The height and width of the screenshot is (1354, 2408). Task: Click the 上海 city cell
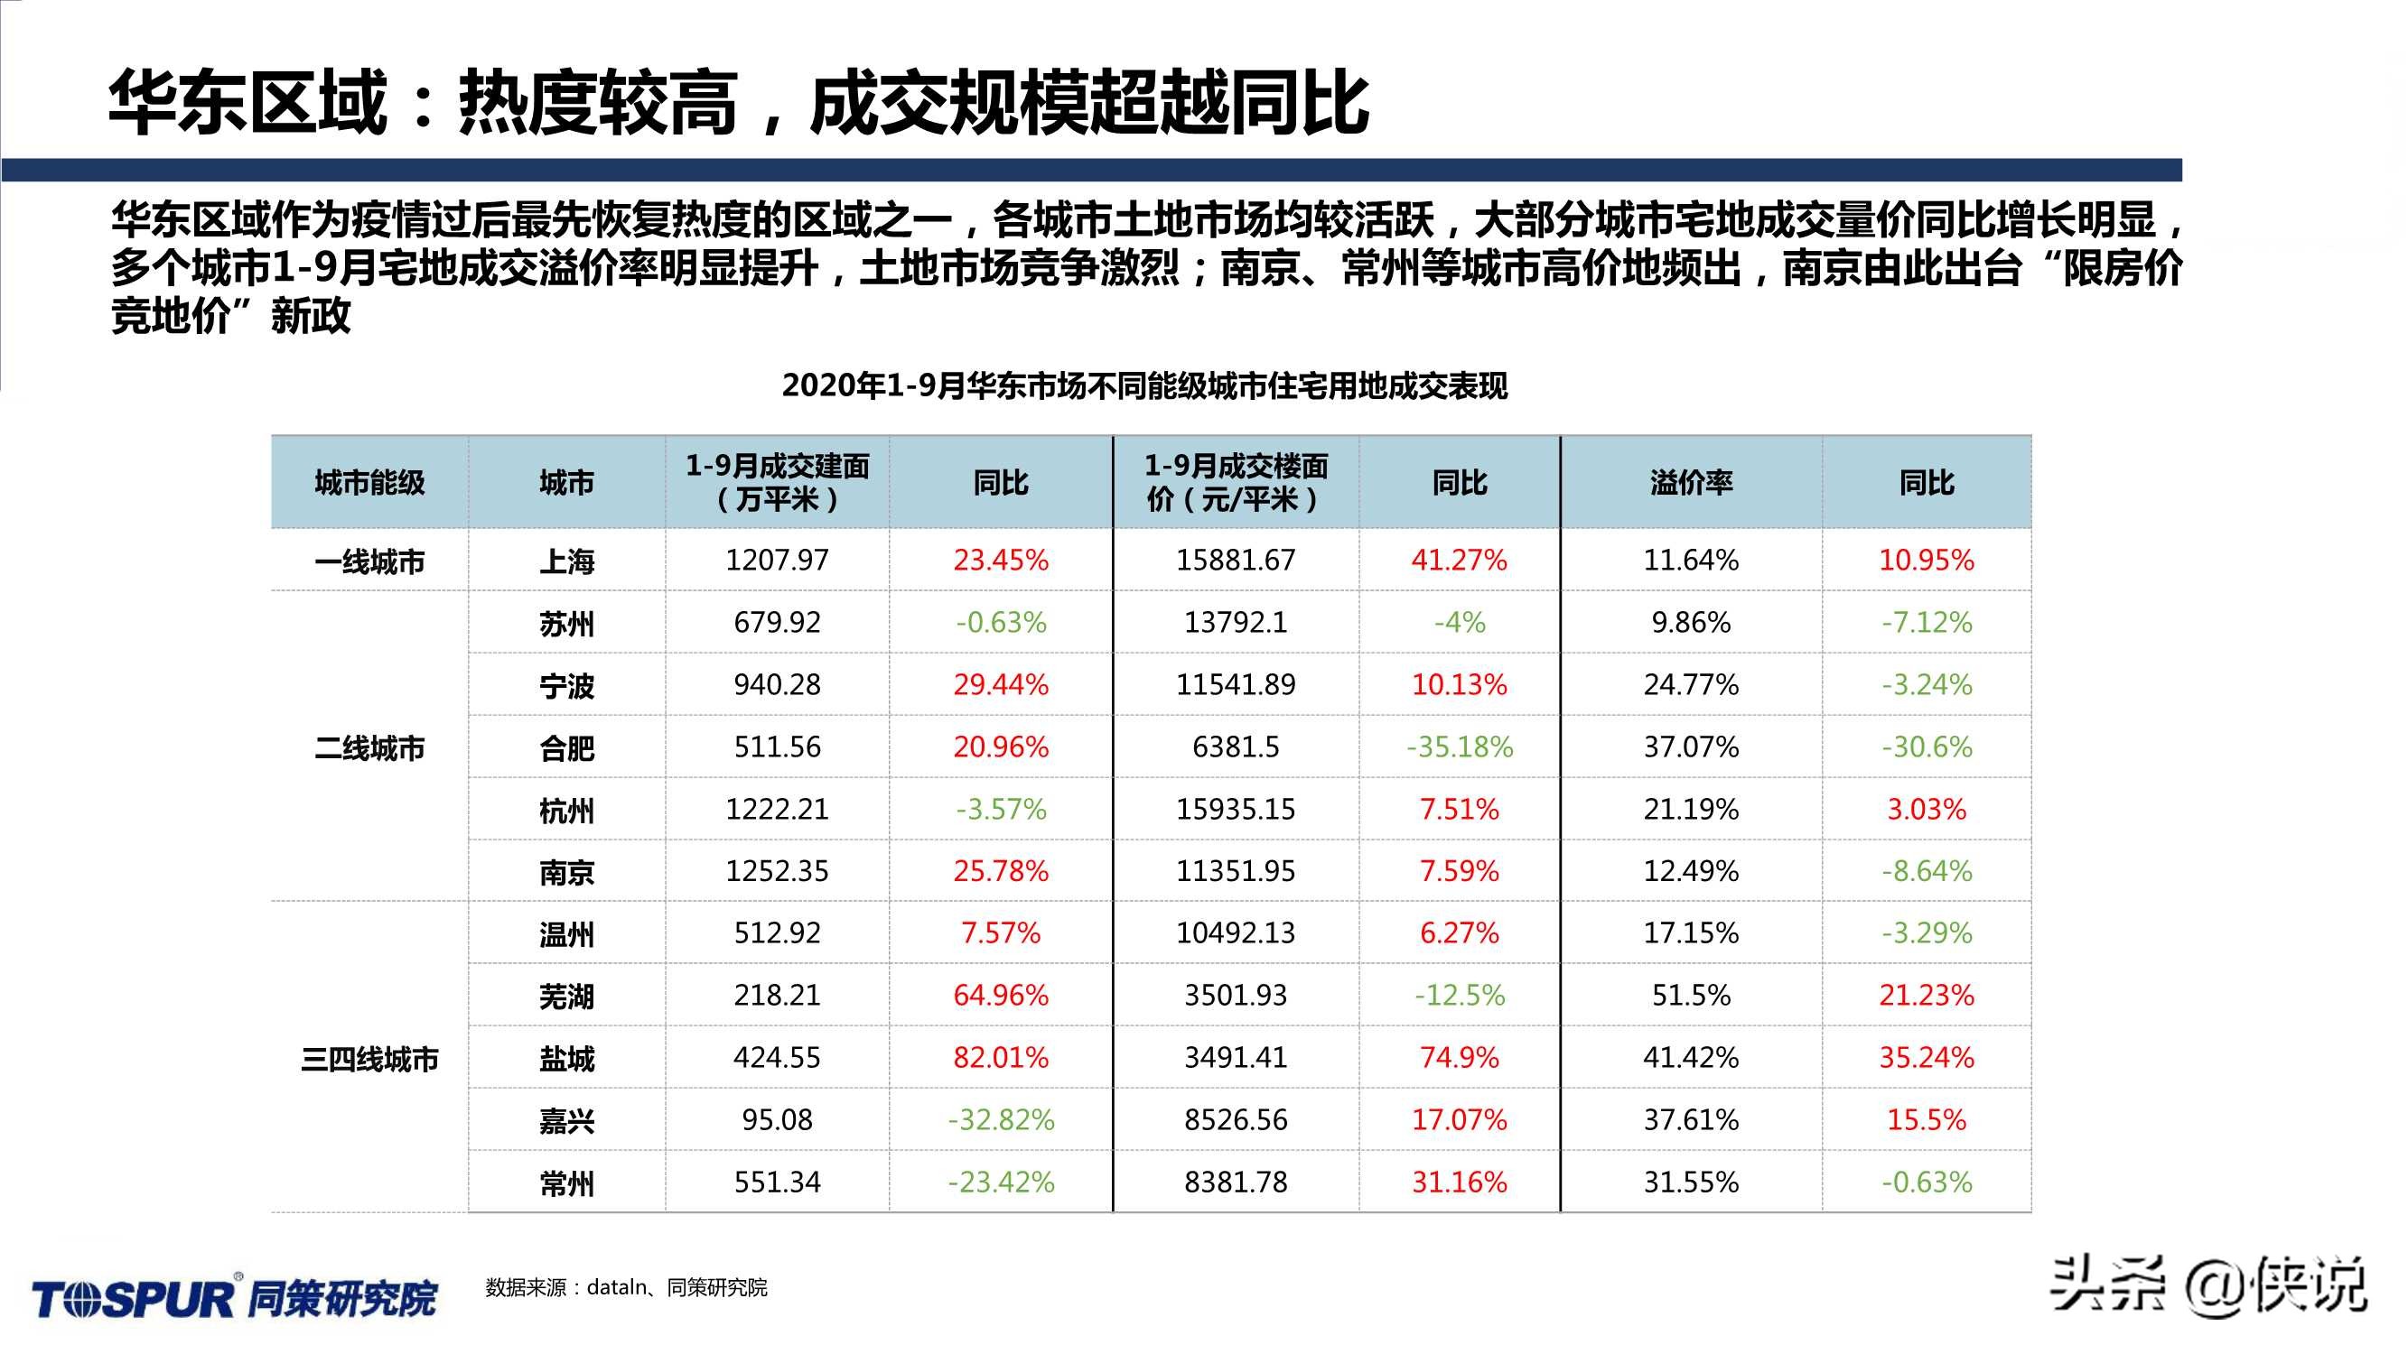(566, 561)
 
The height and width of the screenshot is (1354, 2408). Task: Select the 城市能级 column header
(369, 482)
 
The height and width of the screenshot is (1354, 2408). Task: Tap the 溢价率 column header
(1691, 482)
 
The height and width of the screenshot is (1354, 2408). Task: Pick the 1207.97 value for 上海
(777, 560)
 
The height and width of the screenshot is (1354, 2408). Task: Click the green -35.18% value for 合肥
(1460, 747)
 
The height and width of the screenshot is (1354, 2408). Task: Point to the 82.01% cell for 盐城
(1000, 1057)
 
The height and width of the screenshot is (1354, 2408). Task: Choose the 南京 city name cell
(566, 872)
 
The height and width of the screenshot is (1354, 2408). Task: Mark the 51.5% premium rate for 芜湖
(1691, 995)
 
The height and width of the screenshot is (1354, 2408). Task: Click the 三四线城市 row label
(369, 1059)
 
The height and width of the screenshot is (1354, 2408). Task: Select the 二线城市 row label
(369, 747)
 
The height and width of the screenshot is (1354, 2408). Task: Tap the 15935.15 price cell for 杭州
(1235, 809)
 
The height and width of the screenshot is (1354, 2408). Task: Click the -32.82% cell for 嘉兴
(1000, 1119)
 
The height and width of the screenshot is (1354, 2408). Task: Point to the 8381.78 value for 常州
(1235, 1182)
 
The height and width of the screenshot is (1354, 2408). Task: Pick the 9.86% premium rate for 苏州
(1691, 622)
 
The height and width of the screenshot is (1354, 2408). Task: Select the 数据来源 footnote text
(625, 1288)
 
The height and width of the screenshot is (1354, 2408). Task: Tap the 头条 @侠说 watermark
(2207, 1284)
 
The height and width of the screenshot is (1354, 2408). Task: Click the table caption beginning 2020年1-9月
(1144, 386)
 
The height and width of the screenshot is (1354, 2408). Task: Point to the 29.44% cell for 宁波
(1000, 685)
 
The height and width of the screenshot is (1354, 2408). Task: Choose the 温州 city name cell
(566, 934)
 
